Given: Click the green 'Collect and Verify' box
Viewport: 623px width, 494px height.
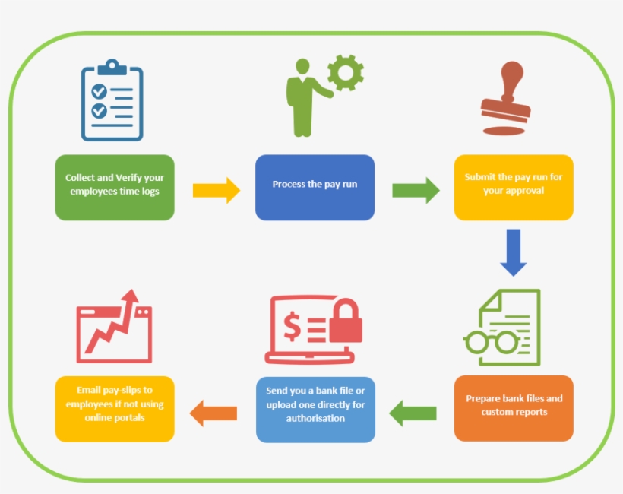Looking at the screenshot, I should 115,188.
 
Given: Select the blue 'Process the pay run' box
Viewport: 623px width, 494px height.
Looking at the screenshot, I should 315,188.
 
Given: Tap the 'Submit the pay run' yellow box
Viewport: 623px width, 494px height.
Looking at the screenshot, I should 514,188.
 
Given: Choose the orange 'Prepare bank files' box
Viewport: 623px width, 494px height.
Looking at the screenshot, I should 514,408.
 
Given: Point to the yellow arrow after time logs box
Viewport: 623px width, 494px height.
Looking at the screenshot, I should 216,190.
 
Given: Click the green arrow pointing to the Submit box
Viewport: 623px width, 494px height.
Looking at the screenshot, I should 415,190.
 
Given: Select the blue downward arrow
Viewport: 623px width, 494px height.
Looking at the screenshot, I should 514,252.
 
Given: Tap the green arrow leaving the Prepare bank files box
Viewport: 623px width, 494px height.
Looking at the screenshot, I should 413,413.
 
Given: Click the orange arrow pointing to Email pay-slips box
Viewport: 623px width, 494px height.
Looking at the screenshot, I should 213,413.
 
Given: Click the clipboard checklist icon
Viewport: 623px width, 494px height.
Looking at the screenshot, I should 112,103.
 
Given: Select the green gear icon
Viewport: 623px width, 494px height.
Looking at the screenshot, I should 346,73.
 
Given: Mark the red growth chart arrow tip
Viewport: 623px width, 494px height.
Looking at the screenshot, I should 134,294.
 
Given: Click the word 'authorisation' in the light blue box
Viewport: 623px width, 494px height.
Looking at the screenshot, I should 315,419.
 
